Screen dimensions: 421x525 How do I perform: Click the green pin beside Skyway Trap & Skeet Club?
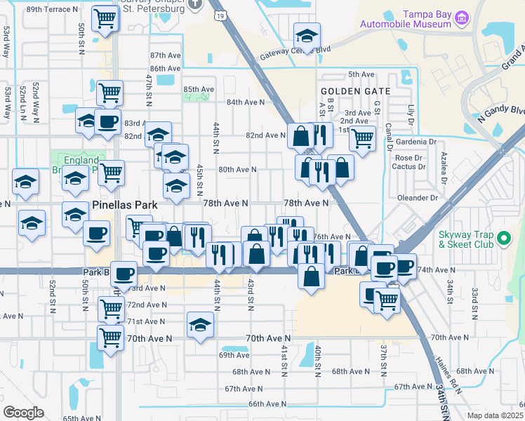tap(504, 239)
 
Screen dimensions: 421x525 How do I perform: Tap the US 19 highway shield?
tap(221, 14)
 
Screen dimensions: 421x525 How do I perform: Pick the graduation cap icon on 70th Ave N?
tap(200, 325)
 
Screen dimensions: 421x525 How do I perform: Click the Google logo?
tap(23, 412)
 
